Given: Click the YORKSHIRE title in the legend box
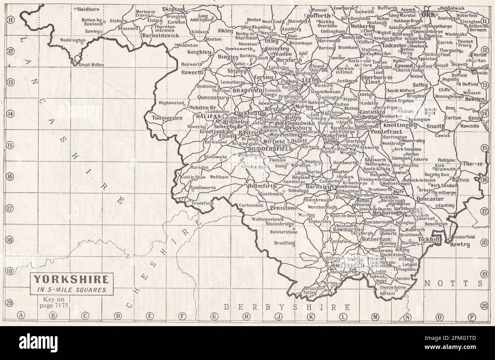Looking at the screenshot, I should tap(71, 279).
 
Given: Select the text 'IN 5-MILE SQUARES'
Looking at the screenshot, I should tap(71, 289).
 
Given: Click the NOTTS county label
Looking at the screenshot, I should tap(453, 284).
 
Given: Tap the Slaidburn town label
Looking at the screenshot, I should tap(88, 8).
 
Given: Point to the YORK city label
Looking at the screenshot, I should tap(426, 14).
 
